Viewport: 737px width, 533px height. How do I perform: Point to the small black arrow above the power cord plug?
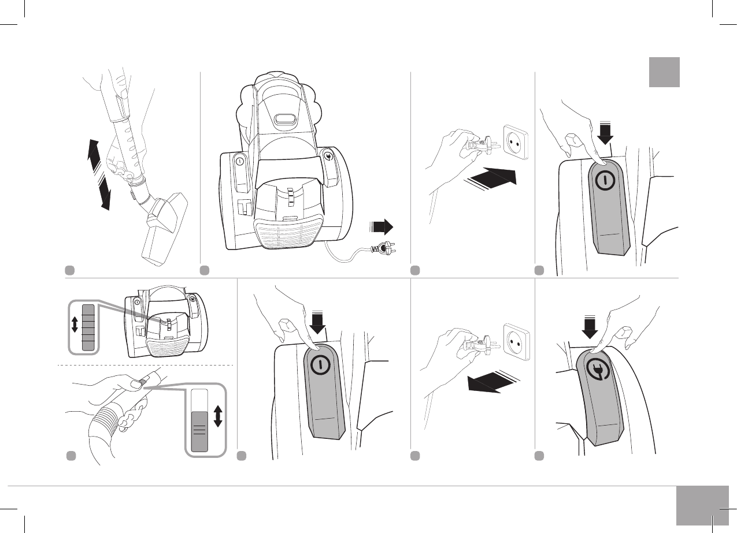(382, 225)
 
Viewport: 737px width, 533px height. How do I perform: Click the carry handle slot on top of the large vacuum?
(286, 120)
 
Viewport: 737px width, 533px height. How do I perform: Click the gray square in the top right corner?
(664, 72)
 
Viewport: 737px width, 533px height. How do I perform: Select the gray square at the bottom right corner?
(702, 506)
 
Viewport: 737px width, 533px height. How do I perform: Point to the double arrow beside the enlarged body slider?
(75, 325)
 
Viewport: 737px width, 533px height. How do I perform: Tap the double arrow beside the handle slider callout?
(218, 416)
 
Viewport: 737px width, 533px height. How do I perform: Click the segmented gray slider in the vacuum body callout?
(88, 327)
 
